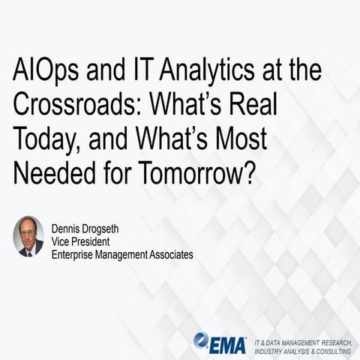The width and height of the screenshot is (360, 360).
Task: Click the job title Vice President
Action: click(x=82, y=241)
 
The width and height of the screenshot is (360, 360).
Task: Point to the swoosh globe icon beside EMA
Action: click(x=200, y=340)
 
